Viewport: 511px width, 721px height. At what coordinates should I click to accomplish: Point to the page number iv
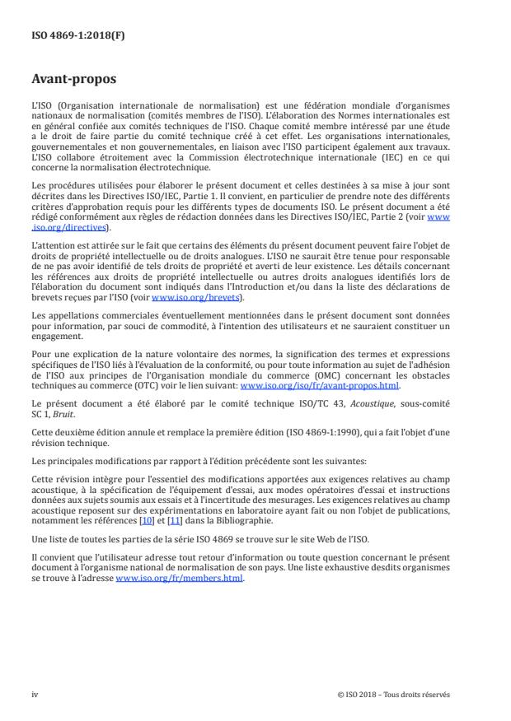35,694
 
